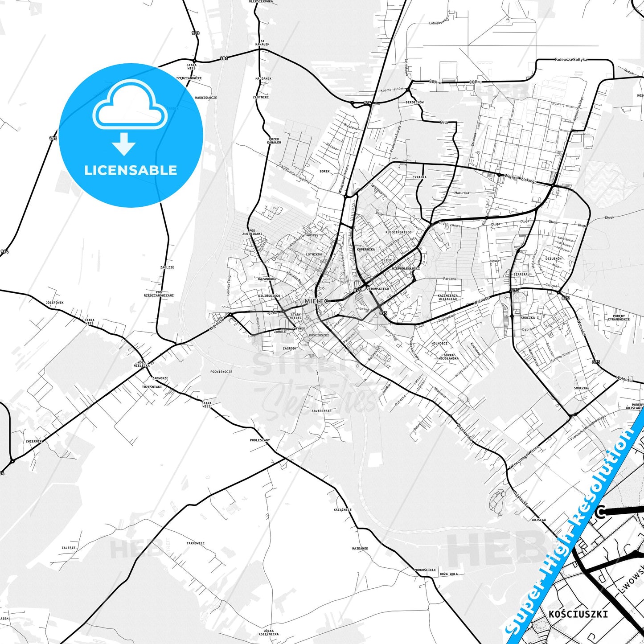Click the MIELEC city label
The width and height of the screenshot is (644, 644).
(316, 301)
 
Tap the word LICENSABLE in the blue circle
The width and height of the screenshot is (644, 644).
(131, 170)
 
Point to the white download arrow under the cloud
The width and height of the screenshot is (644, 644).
(124, 144)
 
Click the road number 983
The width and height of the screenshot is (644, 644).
(196, 33)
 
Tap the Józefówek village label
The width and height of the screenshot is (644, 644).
(54, 303)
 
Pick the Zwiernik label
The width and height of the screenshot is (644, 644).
(33, 441)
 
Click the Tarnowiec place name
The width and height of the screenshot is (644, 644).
(195, 543)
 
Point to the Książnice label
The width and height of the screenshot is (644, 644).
(342, 510)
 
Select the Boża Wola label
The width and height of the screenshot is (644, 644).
(448, 574)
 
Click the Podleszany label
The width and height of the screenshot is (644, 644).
(259, 440)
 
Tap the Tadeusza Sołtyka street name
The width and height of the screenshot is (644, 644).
(571, 59)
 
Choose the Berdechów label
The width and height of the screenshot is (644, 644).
(414, 103)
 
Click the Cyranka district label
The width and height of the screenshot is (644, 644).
(419, 177)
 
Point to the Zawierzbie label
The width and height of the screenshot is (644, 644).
(321, 411)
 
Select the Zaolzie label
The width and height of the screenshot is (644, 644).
(167, 267)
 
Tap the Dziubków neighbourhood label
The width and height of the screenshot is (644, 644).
(554, 258)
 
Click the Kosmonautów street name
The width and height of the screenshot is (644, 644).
(392, 90)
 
